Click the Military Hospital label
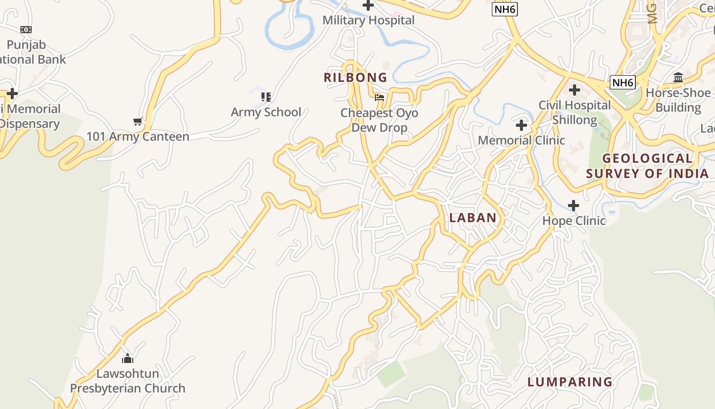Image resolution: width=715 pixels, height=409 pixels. coord(368,20)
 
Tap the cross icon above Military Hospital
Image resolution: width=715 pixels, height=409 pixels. coord(368,6)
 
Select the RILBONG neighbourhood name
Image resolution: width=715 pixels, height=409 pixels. coord(355,78)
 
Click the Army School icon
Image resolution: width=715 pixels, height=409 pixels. coord(266,97)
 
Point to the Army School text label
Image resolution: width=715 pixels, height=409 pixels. coord(266,112)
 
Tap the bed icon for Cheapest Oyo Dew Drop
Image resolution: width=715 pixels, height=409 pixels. coord(379,97)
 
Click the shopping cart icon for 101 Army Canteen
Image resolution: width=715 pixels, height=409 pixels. coord(137,122)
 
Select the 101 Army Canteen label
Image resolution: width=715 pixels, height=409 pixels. coord(137,137)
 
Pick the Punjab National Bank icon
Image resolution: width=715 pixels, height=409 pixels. coord(26,30)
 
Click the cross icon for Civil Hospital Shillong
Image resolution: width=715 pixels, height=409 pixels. coord(575,90)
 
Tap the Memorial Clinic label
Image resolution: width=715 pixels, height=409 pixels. coord(521,140)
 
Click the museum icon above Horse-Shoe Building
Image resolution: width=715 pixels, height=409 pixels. coord(678,78)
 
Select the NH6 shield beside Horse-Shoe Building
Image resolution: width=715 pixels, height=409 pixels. coord(623,82)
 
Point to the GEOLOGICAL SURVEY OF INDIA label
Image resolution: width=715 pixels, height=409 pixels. coord(648,166)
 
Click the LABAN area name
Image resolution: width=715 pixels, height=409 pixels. coord(473,218)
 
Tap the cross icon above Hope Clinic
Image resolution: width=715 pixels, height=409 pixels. coord(574,206)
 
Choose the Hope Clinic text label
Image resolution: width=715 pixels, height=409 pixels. coord(574,221)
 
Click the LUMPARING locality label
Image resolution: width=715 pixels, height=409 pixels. coord(570,382)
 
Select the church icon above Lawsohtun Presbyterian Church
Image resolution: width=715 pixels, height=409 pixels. coord(128,358)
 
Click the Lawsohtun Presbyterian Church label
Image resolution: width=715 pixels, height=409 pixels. coord(128,381)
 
